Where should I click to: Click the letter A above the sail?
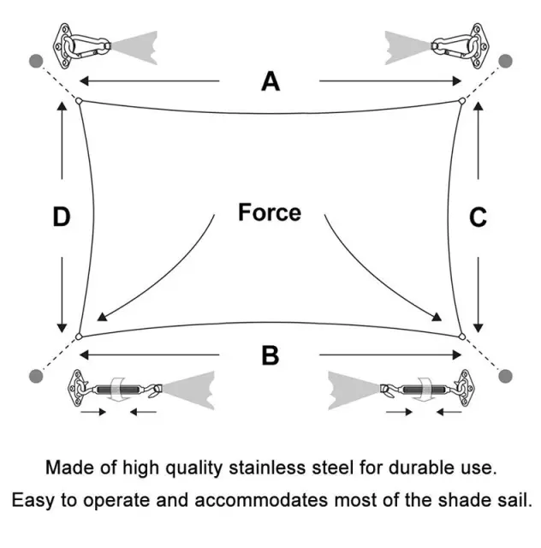click(x=270, y=81)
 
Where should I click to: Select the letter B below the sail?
click(x=270, y=354)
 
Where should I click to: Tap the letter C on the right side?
click(x=479, y=217)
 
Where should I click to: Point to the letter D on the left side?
click(x=61, y=217)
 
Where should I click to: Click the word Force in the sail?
click(x=270, y=212)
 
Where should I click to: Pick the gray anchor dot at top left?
click(x=36, y=61)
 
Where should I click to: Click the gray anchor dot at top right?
click(x=505, y=61)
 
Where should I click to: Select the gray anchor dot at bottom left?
click(x=36, y=375)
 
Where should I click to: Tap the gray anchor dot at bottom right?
click(x=505, y=375)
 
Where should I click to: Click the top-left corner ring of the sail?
click(x=78, y=101)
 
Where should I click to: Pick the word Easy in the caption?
click(x=31, y=499)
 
